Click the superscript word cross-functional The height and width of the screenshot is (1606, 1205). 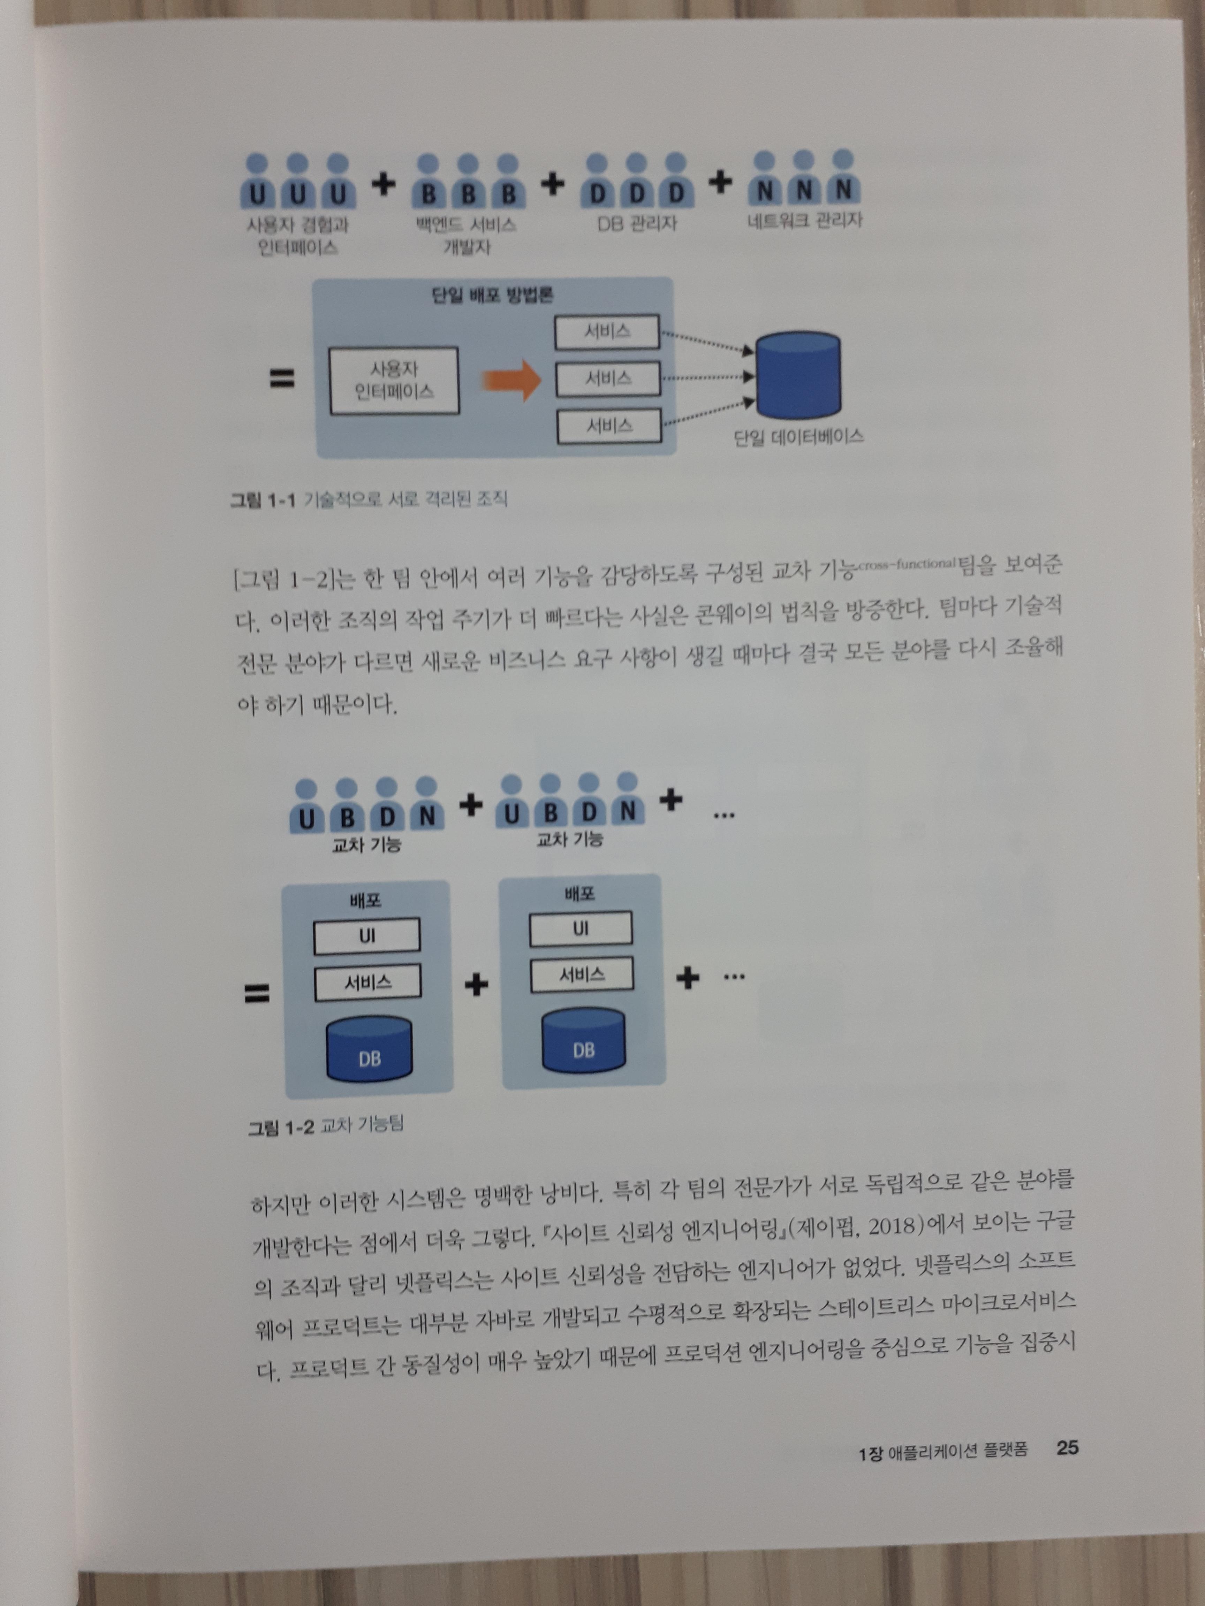(x=907, y=564)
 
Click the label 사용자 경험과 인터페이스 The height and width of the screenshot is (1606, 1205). (x=298, y=235)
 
